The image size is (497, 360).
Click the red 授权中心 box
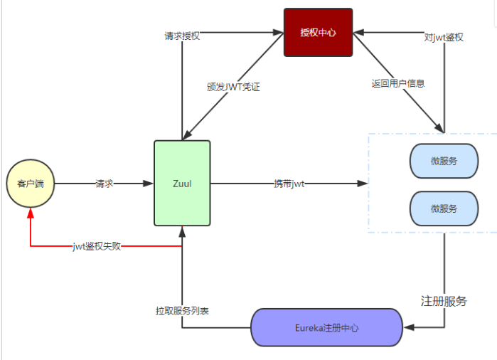click(x=318, y=32)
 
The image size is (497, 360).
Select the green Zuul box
click(x=182, y=183)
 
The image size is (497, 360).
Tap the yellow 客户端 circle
click(x=31, y=184)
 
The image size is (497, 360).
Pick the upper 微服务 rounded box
click(x=444, y=161)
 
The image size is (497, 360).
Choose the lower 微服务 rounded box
click(x=444, y=208)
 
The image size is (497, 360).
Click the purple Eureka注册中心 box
click(x=326, y=328)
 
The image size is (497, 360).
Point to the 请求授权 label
click(x=181, y=36)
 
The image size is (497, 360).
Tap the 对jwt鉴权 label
click(x=444, y=37)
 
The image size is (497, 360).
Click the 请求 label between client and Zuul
click(x=105, y=184)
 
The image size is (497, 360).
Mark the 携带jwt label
click(x=289, y=184)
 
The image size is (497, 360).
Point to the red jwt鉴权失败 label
click(x=97, y=246)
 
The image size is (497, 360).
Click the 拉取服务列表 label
click(x=182, y=311)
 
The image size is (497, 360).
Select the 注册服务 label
click(x=444, y=300)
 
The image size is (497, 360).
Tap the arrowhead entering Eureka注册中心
click(x=408, y=328)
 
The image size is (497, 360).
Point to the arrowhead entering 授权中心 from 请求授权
click(x=278, y=32)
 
